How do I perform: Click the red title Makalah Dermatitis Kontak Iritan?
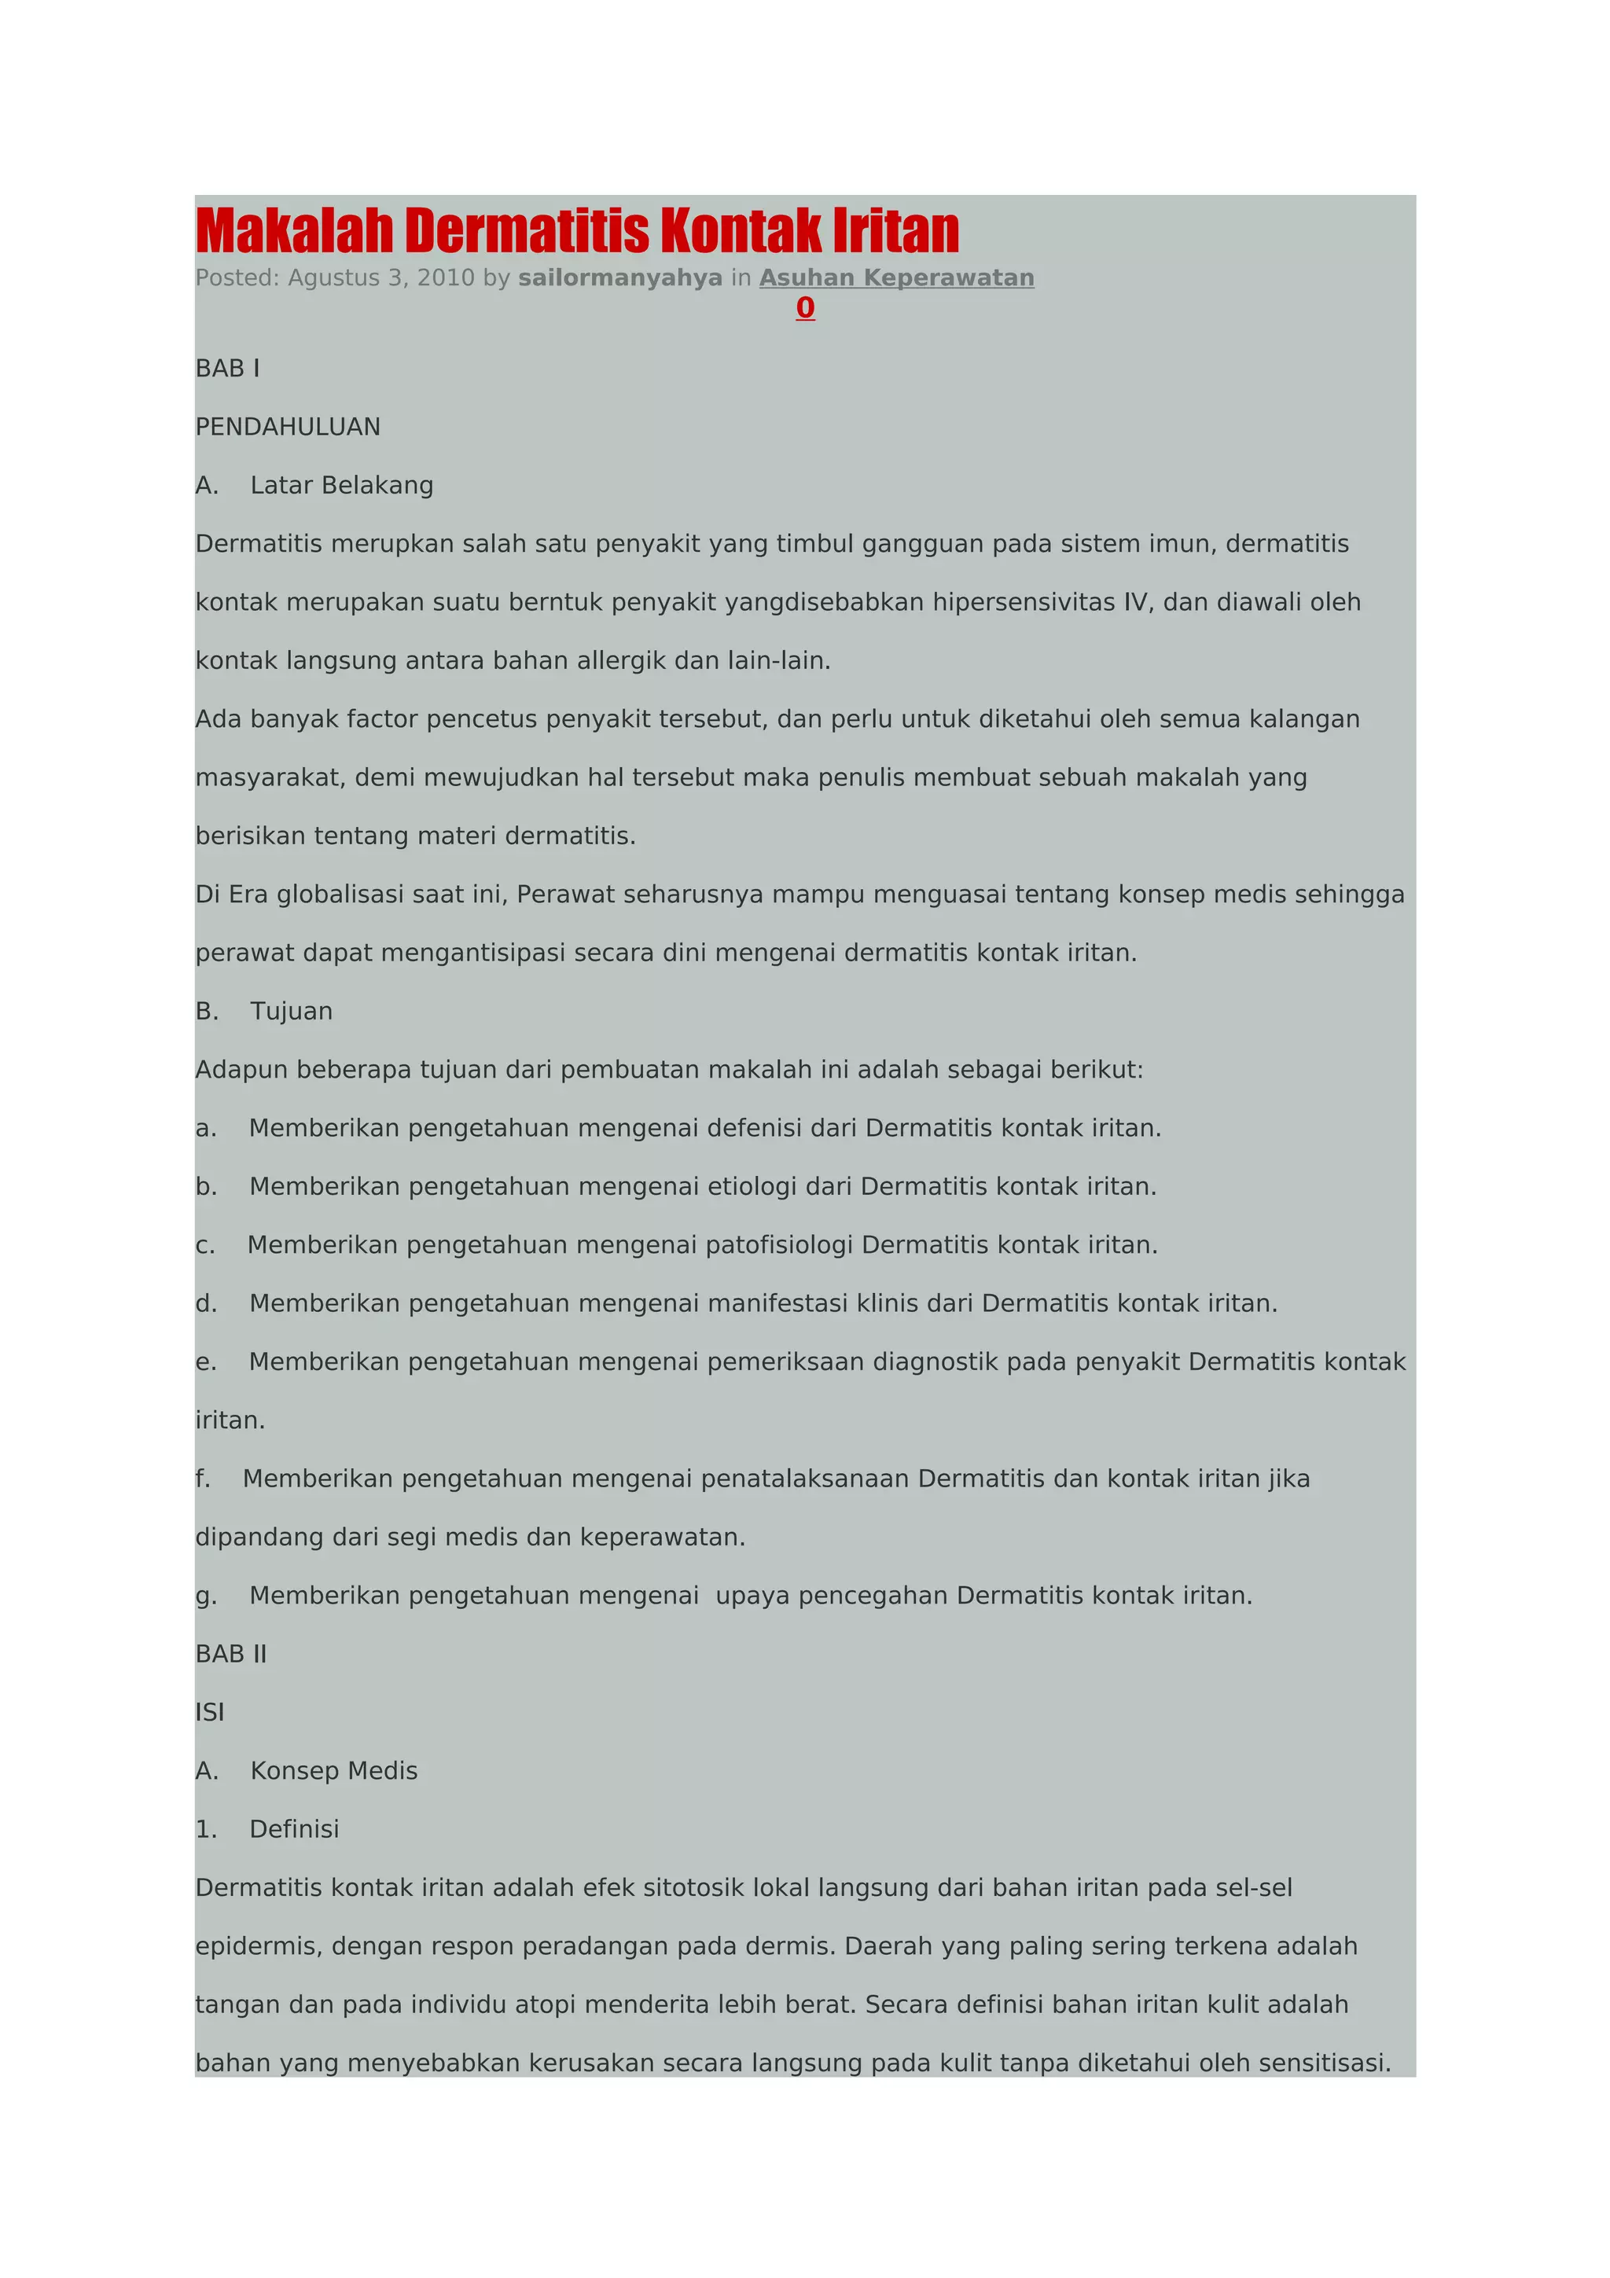(x=577, y=230)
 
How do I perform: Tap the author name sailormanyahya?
(x=620, y=277)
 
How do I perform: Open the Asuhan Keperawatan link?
(x=897, y=277)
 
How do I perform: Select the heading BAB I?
(x=227, y=369)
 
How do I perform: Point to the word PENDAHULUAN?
(x=288, y=428)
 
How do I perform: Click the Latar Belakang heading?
(x=341, y=486)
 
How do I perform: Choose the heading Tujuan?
(x=291, y=1012)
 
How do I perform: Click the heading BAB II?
(x=231, y=1654)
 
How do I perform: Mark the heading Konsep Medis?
(x=333, y=1771)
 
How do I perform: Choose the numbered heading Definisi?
(x=294, y=1829)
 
